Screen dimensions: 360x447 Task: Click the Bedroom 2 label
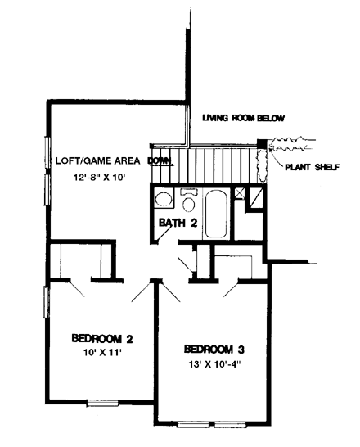(102, 339)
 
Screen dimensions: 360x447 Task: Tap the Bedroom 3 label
(214, 350)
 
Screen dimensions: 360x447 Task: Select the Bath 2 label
(178, 223)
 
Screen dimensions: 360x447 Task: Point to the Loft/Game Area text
(97, 160)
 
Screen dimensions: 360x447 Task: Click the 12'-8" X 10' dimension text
(100, 178)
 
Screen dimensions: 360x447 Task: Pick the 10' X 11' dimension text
(102, 353)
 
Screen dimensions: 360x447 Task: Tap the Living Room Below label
(244, 118)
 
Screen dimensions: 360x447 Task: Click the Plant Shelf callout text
(313, 167)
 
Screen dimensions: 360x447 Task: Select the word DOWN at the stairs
(160, 160)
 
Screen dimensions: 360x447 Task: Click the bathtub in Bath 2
(216, 213)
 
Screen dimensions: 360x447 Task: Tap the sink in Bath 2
(164, 198)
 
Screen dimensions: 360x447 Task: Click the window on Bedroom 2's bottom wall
(102, 403)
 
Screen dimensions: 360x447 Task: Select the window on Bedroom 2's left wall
(45, 302)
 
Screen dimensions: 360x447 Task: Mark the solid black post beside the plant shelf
(262, 143)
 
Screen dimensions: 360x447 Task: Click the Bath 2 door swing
(164, 233)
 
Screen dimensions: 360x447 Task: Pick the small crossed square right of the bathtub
(239, 193)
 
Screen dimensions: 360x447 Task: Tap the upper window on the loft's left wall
(47, 153)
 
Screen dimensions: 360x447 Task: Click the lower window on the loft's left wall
(47, 189)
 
